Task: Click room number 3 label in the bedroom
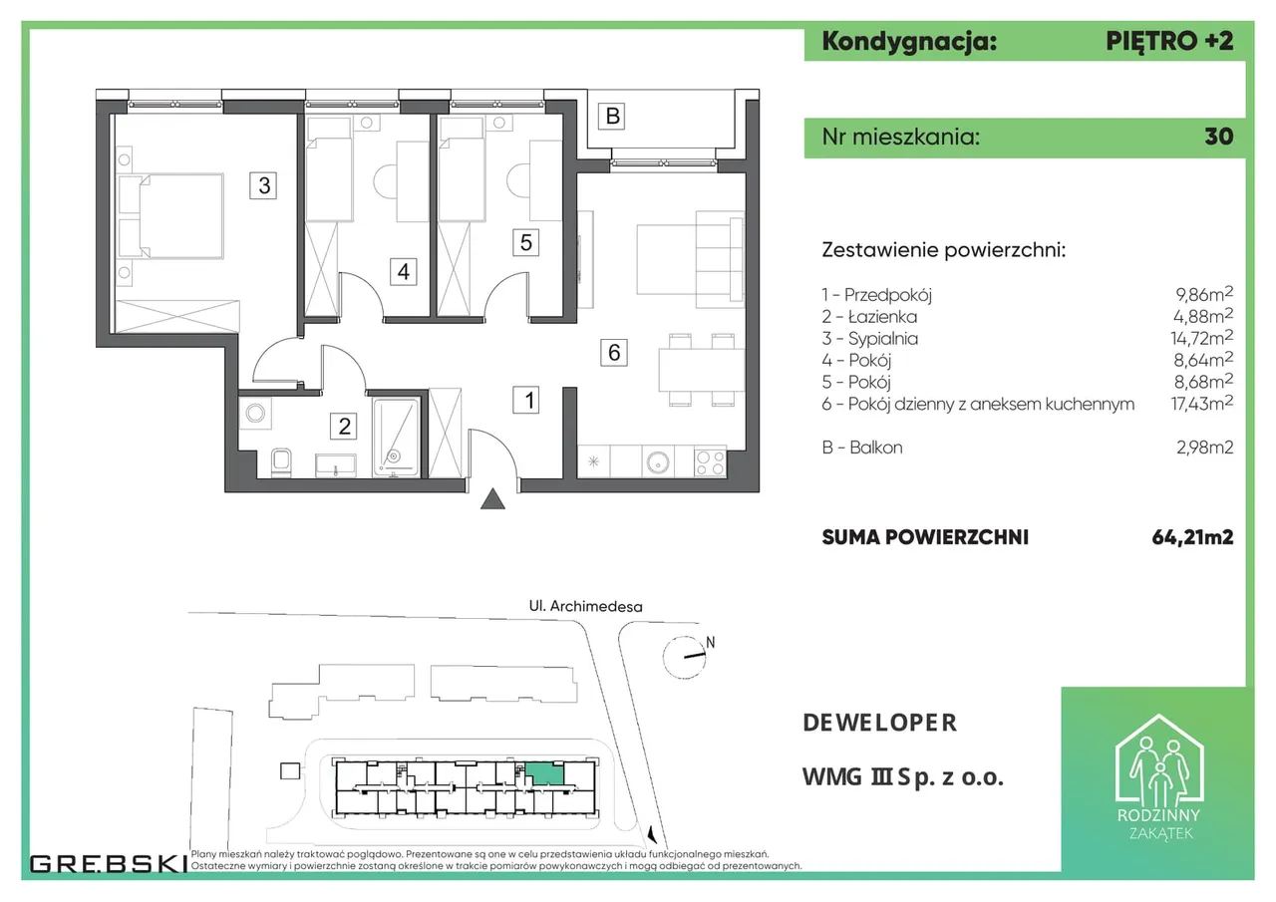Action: (263, 185)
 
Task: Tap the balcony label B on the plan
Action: (612, 117)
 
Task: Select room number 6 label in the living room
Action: (614, 353)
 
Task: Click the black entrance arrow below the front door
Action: (492, 498)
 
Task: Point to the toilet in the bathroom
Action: (281, 462)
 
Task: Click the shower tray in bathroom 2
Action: (397, 438)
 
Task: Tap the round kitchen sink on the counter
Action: (658, 462)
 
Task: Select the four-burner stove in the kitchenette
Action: (711, 461)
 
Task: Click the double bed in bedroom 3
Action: (170, 216)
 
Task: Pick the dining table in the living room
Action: (702, 370)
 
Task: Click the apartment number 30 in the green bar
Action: (1218, 137)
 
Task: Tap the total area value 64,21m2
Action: (1192, 537)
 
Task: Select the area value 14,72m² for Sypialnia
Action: (1202, 338)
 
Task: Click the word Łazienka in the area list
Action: (882, 317)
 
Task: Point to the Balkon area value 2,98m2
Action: (1205, 448)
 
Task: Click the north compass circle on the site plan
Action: (684, 657)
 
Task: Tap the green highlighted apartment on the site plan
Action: (544, 774)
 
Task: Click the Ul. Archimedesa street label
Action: (585, 606)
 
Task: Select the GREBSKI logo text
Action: (109, 864)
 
